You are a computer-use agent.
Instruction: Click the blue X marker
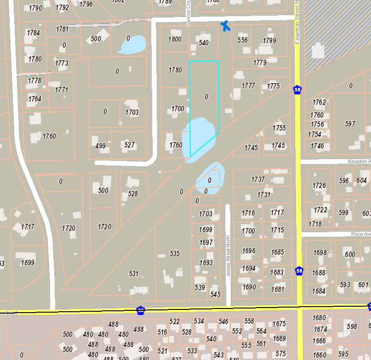coord(225,26)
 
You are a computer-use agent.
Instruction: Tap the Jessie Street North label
coord(228,256)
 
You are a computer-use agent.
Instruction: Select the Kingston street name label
coord(358,161)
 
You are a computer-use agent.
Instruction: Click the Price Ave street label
coord(360,234)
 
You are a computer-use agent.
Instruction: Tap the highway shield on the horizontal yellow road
coord(141,311)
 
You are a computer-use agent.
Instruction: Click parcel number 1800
coord(175,40)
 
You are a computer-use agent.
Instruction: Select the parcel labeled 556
coord(243,40)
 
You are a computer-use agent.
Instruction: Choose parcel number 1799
coord(269,40)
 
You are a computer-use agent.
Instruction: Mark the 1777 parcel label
coord(248,86)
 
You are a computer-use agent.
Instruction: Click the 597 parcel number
coord(350,124)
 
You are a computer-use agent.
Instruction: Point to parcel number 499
coord(100,146)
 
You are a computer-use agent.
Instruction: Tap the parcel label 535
coord(175,253)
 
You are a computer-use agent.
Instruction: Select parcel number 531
coord(133,274)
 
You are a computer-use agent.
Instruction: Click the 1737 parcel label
coord(258,179)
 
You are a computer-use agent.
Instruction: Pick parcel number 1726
coord(319,186)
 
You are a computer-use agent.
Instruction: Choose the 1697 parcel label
coord(206,242)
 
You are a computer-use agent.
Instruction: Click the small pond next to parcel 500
coord(132,45)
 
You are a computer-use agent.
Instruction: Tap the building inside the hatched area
coord(318,51)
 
